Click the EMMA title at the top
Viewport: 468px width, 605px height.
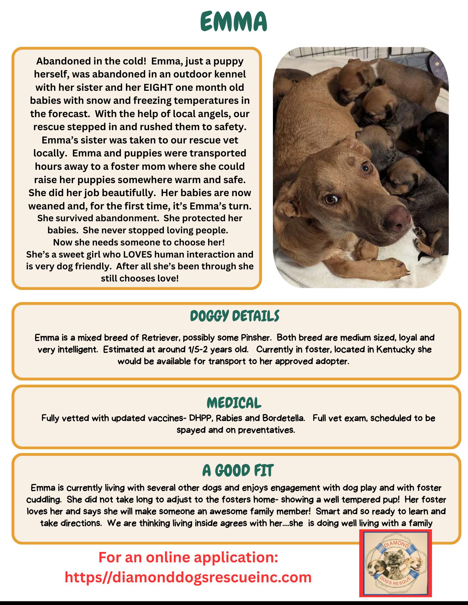(234, 22)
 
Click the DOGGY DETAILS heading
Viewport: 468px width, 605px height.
(234, 316)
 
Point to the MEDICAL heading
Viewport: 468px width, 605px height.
(234, 403)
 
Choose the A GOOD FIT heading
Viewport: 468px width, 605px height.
(238, 471)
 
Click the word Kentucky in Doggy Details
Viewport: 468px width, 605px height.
(395, 350)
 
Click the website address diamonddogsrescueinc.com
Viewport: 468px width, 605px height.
(188, 577)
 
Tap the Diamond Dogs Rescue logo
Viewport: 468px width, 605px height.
(395, 566)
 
